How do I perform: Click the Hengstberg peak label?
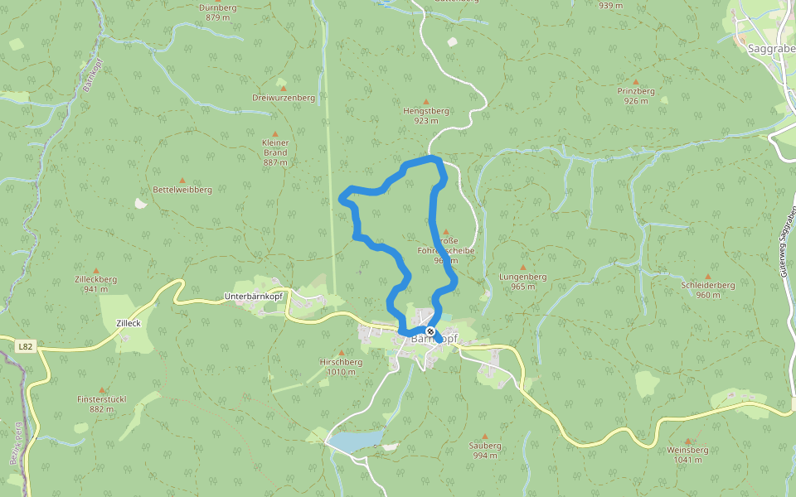coord(425,115)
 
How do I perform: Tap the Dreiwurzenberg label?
coord(284,98)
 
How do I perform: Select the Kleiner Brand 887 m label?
coord(275,152)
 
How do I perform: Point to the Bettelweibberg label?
coord(182,190)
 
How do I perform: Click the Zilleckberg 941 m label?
coord(95,284)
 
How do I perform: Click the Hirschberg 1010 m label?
coord(341,367)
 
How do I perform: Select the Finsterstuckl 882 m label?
coord(102,403)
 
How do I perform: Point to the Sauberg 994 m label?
coord(485,450)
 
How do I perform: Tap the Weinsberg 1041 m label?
coord(687,455)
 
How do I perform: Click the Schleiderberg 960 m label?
coord(708,290)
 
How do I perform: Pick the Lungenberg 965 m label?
coord(522,281)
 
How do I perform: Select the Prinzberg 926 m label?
coord(636,95)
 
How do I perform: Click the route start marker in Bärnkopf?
coord(430,331)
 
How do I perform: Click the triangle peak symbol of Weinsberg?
coord(687,441)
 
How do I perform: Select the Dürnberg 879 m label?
coord(217,12)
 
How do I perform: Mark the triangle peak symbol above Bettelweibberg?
coord(182,179)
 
